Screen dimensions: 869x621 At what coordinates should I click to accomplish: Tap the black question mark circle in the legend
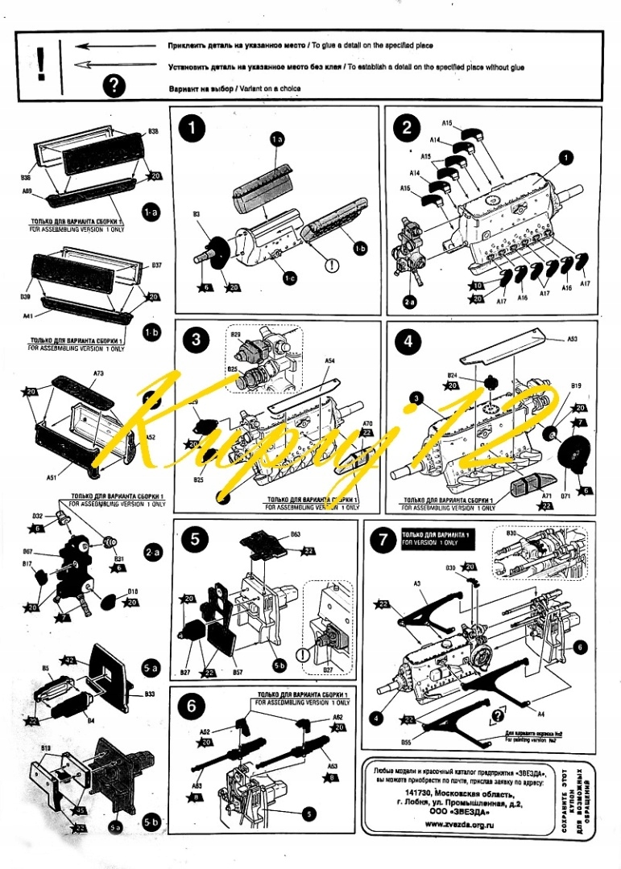click(115, 85)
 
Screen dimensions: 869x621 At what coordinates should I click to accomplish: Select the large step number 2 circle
click(408, 127)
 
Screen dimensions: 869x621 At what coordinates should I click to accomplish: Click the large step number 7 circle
click(382, 539)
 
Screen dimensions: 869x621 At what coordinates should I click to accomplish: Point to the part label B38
click(153, 130)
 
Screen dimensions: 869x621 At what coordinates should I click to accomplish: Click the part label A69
click(27, 192)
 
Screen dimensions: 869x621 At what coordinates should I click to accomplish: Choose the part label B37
click(156, 265)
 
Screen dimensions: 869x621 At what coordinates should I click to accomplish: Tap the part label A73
click(98, 373)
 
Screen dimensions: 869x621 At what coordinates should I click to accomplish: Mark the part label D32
click(37, 516)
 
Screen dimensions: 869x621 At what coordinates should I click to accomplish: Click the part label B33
click(149, 694)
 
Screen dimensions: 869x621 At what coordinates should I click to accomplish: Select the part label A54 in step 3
click(329, 362)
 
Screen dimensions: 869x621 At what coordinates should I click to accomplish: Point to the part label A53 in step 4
click(573, 340)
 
